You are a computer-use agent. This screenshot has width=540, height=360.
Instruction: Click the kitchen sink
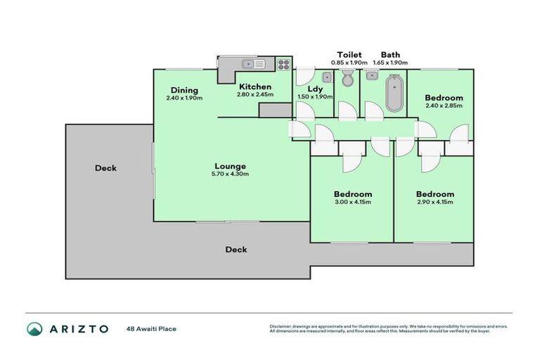click(252, 65)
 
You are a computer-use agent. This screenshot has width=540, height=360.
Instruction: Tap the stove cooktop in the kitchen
click(283, 65)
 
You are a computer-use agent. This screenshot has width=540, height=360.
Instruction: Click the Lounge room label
click(231, 166)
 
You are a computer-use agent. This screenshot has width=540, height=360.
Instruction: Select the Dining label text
click(184, 90)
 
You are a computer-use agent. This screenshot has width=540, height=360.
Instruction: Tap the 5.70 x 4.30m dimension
click(231, 174)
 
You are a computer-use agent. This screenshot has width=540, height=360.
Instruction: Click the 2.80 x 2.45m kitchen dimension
click(255, 94)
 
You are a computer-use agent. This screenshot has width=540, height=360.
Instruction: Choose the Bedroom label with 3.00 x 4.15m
click(353, 194)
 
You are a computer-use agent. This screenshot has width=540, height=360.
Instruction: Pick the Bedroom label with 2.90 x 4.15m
click(435, 194)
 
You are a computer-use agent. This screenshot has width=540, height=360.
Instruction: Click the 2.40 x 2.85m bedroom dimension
click(444, 105)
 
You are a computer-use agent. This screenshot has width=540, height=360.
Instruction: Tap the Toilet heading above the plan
click(349, 54)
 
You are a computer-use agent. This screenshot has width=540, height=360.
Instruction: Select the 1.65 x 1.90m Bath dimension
click(390, 62)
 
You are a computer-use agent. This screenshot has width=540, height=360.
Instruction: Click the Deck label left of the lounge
click(105, 168)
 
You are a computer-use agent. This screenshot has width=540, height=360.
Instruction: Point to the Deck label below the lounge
click(236, 250)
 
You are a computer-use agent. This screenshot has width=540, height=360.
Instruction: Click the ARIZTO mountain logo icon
click(34, 328)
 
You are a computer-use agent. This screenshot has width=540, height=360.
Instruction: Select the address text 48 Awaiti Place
click(151, 328)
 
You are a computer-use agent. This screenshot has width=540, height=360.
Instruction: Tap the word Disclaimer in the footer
click(280, 326)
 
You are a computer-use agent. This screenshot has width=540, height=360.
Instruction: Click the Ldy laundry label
click(314, 89)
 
